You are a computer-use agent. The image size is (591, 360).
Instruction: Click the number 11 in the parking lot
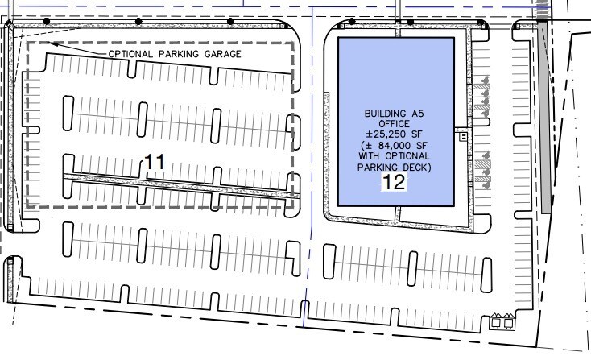(x=154, y=163)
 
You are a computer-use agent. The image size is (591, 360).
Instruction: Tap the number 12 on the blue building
(x=394, y=182)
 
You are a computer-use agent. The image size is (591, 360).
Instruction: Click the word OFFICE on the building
(x=393, y=124)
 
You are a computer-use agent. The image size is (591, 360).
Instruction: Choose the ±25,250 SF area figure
(x=393, y=134)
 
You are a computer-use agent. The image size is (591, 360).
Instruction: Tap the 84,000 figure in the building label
(x=397, y=145)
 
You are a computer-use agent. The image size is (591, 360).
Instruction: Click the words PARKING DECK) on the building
(x=395, y=167)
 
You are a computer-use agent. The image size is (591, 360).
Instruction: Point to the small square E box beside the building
(x=463, y=138)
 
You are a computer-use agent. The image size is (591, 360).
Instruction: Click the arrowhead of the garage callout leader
(x=49, y=43)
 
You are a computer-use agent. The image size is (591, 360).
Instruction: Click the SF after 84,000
(x=421, y=145)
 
